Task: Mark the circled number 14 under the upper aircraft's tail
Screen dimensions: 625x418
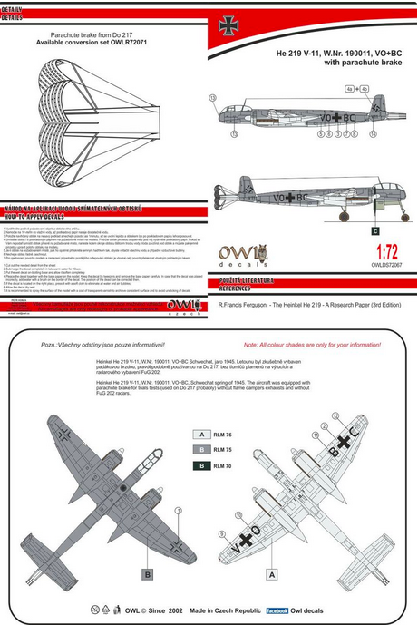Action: tap(372, 132)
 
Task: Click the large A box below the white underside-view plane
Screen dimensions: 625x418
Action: tap(270, 574)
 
